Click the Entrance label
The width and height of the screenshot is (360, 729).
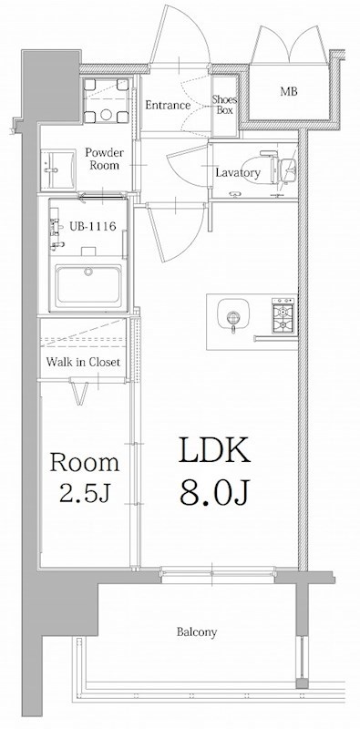(168, 105)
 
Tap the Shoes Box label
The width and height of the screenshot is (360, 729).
(224, 105)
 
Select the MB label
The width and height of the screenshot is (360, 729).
(289, 91)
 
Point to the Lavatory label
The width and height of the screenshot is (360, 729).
(237, 173)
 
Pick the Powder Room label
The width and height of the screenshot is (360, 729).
(104, 159)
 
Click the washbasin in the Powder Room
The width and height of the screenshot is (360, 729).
(58, 169)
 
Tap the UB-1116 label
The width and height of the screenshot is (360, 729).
(92, 226)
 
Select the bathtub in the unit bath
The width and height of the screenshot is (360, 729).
(88, 286)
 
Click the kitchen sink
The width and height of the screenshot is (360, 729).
(233, 316)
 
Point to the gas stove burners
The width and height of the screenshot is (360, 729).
(283, 314)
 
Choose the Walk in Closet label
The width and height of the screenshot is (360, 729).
(83, 362)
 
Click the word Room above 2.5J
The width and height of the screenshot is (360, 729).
(85, 463)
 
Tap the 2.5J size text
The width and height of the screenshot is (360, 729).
(84, 494)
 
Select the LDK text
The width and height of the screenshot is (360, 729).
(214, 450)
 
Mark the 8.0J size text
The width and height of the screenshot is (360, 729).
(215, 492)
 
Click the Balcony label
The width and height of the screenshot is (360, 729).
(197, 631)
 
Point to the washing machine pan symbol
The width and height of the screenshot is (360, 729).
(106, 100)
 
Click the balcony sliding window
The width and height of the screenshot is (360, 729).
(217, 575)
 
